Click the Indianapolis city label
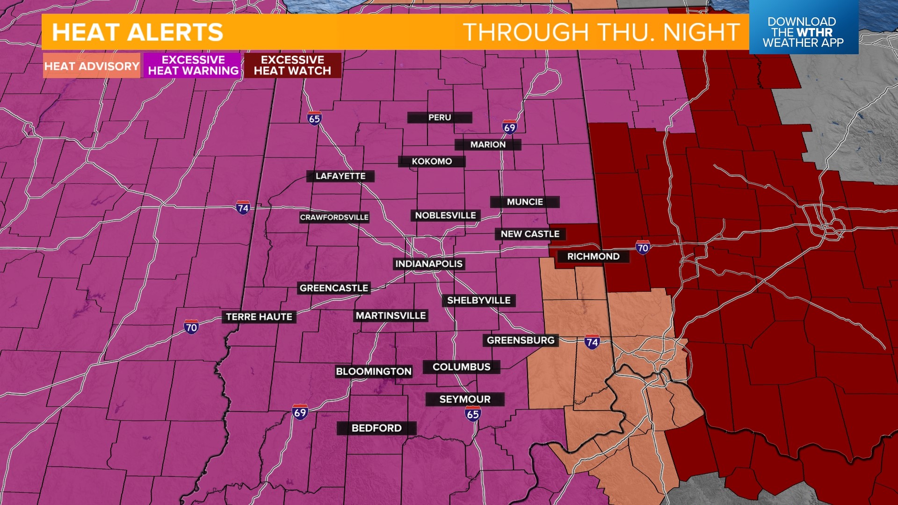point(429,264)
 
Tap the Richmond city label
point(593,257)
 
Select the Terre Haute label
point(259,317)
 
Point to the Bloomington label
point(374,372)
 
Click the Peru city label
point(440,118)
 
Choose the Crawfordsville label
point(334,217)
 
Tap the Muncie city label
point(525,202)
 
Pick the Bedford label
point(377,428)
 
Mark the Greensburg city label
point(521,340)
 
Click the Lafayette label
point(340,176)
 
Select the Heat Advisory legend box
point(92,66)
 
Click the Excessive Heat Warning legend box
point(193,65)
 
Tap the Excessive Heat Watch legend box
point(292,65)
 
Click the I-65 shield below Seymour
point(473,414)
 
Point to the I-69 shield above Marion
point(509,127)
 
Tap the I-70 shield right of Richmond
point(643,248)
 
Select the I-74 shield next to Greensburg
point(592,342)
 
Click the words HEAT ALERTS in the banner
point(138,32)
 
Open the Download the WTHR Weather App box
point(803,32)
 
